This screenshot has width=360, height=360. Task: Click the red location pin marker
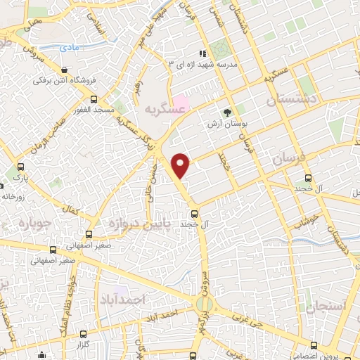(x=181, y=164)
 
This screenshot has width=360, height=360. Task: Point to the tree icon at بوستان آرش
(x=227, y=112)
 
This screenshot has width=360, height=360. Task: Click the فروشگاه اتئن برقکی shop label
(x=65, y=80)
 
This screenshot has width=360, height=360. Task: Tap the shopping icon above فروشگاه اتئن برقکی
(x=65, y=70)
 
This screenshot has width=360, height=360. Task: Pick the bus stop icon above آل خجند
(x=195, y=213)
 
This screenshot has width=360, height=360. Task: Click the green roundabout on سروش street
(x=204, y=304)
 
